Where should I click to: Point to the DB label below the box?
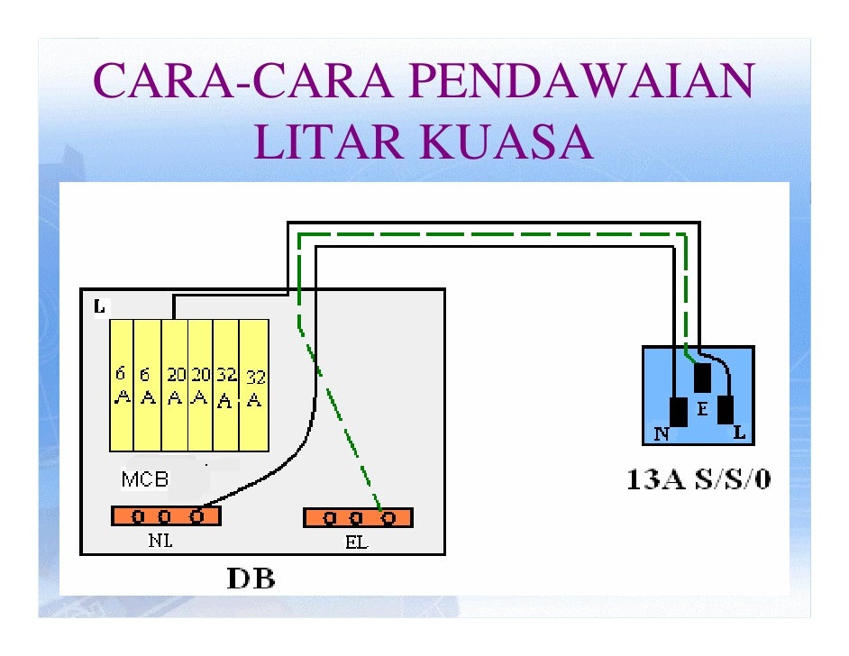[250, 578]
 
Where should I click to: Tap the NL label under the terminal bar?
[160, 542]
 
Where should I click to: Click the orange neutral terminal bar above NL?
[166, 516]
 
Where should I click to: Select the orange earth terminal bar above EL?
[358, 517]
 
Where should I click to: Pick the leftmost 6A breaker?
[121, 385]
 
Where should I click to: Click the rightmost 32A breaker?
[255, 385]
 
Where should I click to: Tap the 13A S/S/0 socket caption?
[698, 478]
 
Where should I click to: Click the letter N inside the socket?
[661, 433]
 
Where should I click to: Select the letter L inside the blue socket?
[739, 433]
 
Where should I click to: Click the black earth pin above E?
[702, 378]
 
